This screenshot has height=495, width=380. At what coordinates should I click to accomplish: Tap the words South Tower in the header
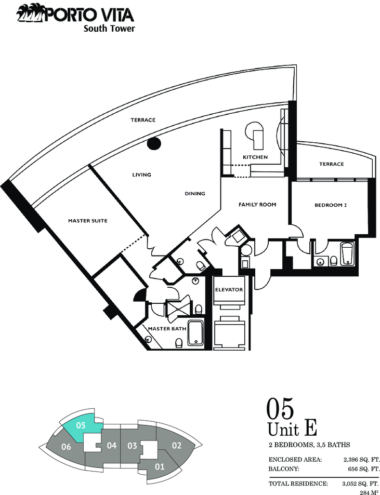click(x=109, y=29)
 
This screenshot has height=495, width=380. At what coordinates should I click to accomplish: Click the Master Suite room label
click(x=88, y=221)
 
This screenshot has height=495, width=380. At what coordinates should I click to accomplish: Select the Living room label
click(x=141, y=175)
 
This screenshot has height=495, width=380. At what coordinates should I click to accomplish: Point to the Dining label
click(x=195, y=194)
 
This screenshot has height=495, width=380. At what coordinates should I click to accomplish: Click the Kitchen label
click(x=255, y=157)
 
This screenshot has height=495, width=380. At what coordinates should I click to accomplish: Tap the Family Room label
click(x=257, y=205)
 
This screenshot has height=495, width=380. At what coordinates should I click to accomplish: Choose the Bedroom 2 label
click(x=331, y=205)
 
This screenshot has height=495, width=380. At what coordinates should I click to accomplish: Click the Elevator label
click(x=229, y=289)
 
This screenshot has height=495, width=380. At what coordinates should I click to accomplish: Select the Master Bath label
click(x=167, y=329)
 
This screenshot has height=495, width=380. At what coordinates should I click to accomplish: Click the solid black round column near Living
click(x=154, y=144)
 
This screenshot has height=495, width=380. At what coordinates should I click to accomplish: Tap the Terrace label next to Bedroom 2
click(x=331, y=164)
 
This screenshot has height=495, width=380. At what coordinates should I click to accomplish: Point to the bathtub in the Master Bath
click(x=196, y=332)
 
